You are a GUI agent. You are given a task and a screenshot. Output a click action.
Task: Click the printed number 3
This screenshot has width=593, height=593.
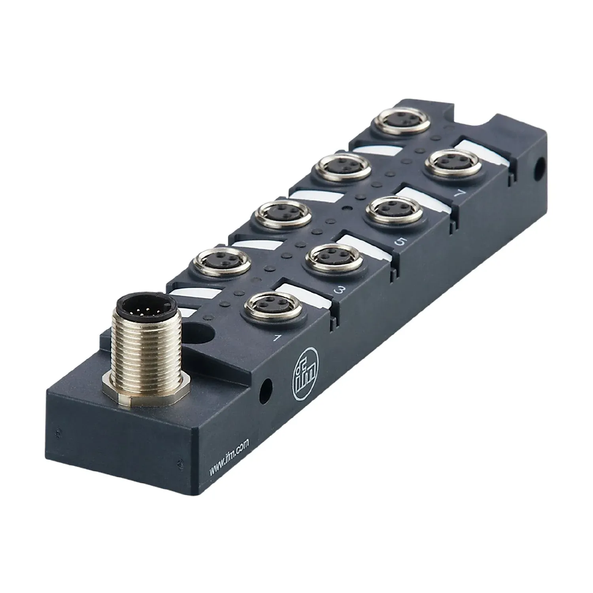(x=339, y=291)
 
